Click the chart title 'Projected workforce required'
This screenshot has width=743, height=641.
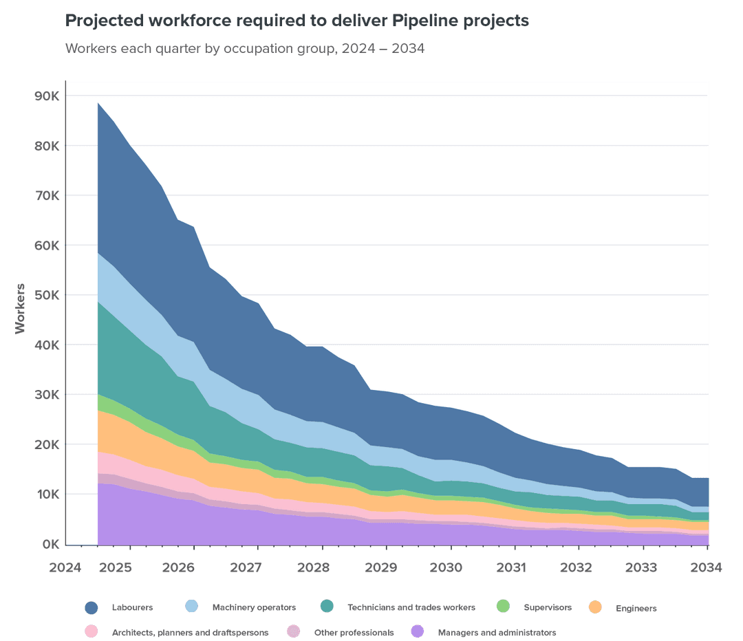297,21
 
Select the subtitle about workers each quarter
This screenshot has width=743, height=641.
244,50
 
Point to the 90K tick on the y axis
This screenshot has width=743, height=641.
48,96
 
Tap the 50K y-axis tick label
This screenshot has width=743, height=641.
48,295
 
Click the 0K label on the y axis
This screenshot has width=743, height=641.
51,544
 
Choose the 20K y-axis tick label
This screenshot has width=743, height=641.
48,444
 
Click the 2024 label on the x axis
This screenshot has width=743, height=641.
65,567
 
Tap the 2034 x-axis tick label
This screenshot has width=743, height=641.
707,567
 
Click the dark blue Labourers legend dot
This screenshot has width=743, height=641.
91,607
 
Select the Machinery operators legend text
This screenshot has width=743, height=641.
254,607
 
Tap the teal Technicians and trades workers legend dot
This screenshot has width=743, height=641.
327,607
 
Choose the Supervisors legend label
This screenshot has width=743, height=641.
547,607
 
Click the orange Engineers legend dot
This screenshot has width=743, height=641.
595,607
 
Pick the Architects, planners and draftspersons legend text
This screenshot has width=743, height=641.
190,632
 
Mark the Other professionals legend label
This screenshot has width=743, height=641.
354,632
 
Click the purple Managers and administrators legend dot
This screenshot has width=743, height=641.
416,631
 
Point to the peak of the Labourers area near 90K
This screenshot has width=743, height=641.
98,103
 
